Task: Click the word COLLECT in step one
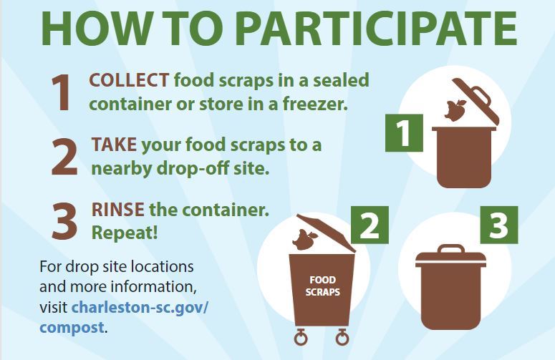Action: coord(129,80)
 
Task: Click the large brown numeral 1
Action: coord(62,92)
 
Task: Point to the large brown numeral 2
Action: coord(64,157)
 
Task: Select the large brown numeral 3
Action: coord(64,222)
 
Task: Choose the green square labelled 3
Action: coord(498,225)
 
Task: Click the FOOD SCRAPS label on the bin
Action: coord(322,286)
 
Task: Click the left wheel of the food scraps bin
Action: coord(301,337)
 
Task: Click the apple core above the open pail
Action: coord(455,110)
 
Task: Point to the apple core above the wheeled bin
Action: coord(304,239)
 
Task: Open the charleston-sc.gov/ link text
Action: coord(140,308)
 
